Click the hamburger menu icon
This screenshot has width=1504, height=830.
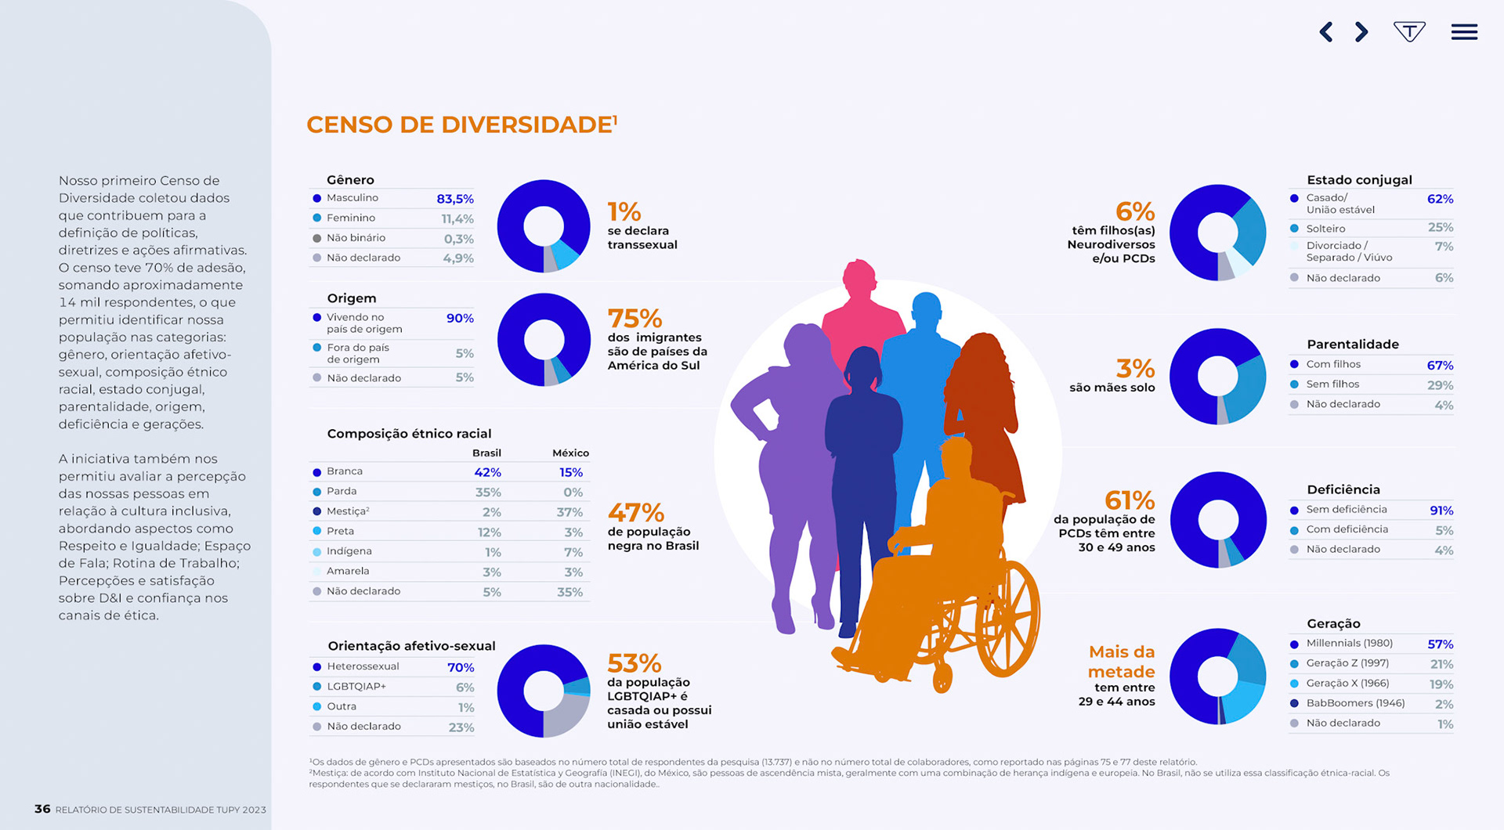click(1463, 32)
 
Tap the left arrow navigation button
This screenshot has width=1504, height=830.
click(1326, 32)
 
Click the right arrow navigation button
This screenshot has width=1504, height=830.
click(1361, 32)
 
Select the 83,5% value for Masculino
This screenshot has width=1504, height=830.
click(454, 199)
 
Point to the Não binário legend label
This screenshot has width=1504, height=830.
click(356, 238)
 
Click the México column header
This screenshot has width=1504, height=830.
click(570, 453)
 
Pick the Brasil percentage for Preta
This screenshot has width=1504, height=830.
click(489, 532)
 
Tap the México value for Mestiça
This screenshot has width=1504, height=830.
click(569, 512)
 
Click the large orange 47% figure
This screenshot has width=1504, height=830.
click(635, 513)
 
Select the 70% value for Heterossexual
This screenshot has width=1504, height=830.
click(461, 668)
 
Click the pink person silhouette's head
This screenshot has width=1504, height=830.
click(859, 276)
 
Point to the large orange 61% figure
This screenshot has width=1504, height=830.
click(1129, 500)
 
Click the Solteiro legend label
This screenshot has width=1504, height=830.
click(1325, 229)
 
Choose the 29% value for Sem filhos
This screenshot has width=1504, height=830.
click(1440, 385)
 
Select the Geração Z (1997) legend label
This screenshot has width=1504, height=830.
click(1347, 663)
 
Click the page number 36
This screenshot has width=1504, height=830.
click(42, 809)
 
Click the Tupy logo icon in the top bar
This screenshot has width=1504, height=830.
click(1408, 32)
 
